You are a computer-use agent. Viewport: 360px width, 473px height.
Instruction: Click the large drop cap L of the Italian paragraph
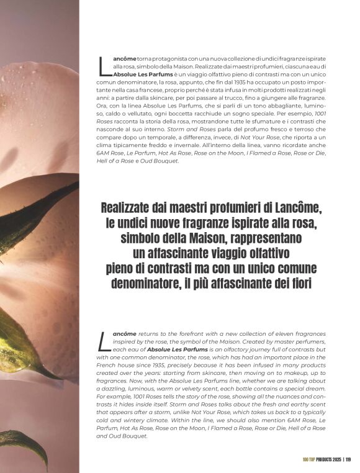[102, 65]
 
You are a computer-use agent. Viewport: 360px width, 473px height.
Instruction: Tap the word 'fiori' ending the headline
[306, 285]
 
